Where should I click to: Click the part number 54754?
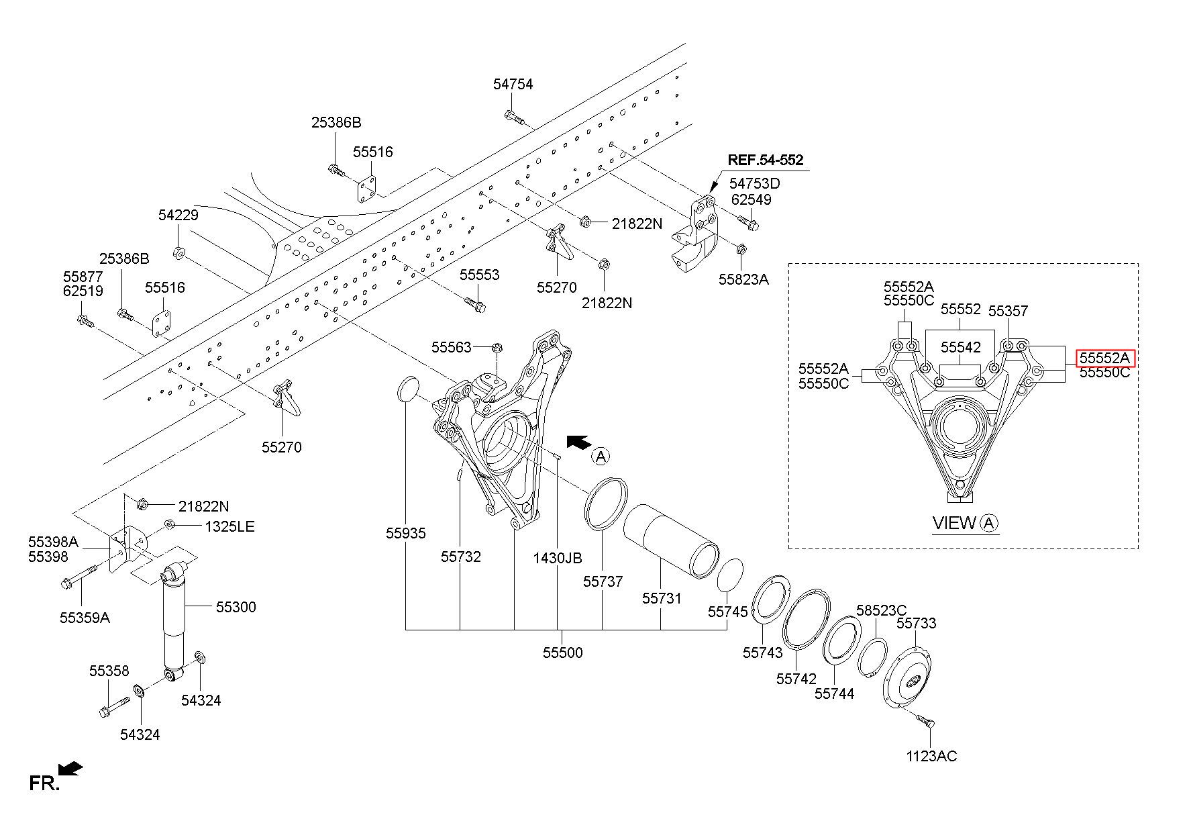513,84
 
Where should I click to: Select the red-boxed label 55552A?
1104,358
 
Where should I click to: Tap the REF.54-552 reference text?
766,160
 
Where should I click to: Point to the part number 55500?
562,652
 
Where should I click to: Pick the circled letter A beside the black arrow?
601,457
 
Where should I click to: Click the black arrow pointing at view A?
578,441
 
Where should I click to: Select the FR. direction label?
44,783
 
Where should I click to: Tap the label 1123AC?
931,756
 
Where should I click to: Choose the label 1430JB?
558,558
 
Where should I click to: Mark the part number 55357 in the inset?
1008,311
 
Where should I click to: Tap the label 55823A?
743,279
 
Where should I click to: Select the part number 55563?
452,346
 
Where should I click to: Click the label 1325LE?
229,526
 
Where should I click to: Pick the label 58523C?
881,610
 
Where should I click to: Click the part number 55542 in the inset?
960,347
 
